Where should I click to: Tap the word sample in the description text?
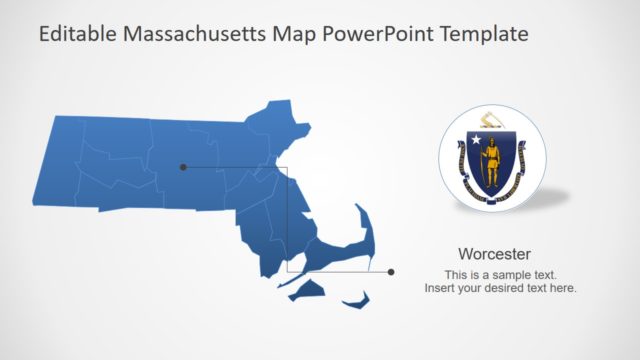click(x=506, y=274)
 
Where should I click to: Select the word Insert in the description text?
click(x=440, y=288)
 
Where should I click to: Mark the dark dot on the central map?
click(x=183, y=167)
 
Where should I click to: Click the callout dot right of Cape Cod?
click(x=391, y=271)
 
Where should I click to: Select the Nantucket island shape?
click(x=357, y=299)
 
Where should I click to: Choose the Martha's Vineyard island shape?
click(x=308, y=289)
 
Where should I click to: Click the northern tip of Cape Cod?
click(x=357, y=208)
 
